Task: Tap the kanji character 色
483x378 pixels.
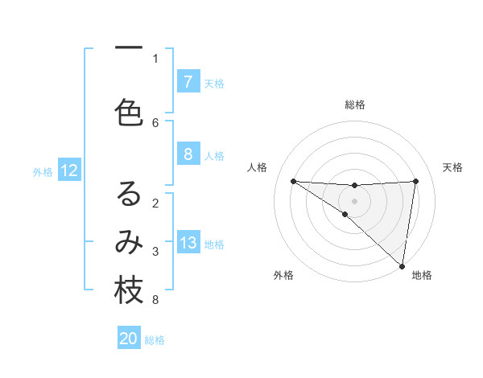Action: (x=129, y=113)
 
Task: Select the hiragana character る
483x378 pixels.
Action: (x=129, y=194)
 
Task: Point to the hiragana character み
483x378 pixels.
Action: (x=129, y=242)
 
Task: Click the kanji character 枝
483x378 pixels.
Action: (x=129, y=291)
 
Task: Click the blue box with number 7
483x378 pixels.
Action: (x=188, y=82)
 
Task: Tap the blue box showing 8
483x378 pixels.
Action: (x=188, y=154)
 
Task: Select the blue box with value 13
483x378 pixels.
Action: (x=188, y=243)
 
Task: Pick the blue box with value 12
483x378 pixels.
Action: (x=68, y=171)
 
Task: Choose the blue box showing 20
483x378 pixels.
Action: (x=129, y=339)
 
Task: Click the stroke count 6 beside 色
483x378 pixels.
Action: (x=155, y=122)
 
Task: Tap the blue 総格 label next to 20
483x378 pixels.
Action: (x=155, y=340)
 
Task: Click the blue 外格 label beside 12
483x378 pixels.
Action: (x=43, y=171)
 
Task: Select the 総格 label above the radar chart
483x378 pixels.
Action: (x=354, y=105)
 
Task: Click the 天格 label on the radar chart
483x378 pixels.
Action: (x=452, y=167)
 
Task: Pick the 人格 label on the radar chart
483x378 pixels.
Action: (x=257, y=167)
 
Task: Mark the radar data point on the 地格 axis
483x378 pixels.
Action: (x=402, y=265)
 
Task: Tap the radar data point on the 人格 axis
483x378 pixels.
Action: (x=293, y=181)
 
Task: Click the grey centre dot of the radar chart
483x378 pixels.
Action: (x=354, y=200)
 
